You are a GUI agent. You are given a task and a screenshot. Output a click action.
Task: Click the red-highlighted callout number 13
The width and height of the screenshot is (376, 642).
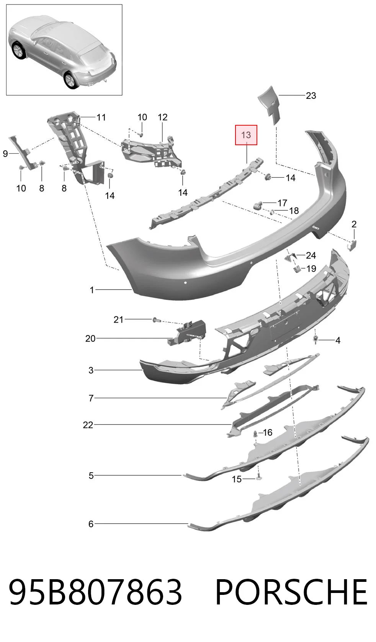pos(246,135)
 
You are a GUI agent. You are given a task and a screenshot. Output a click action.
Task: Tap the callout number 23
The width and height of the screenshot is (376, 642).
pos(311,95)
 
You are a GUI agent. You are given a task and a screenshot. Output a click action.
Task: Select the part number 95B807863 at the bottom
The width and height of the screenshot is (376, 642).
pos(95,592)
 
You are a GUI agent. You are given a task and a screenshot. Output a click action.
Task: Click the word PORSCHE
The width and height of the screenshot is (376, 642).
pos(291,592)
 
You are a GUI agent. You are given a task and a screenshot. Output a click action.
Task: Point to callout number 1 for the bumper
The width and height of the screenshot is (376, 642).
pos(92,290)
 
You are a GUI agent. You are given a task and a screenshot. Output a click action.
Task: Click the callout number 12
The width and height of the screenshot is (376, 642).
pos(162,117)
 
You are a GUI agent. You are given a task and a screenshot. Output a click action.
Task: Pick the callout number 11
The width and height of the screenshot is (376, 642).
pos(101,117)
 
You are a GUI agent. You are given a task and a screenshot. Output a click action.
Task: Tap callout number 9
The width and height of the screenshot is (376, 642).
pos(5,154)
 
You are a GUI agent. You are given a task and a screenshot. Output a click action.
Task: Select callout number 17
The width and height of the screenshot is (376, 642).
pos(282,203)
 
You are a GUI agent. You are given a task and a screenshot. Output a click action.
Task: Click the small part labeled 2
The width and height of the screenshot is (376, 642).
pos(352,246)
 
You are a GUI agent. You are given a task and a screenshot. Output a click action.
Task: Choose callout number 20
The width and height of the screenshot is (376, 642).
pos(90,339)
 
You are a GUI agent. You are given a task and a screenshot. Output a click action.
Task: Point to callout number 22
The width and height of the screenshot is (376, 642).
pos(88,425)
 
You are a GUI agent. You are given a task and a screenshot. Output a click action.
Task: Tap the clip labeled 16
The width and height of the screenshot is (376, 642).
pos(255,433)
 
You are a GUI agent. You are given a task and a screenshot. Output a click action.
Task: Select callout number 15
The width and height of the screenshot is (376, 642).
pos(237,479)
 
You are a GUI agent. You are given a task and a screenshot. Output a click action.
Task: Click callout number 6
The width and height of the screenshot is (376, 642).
pos(91,524)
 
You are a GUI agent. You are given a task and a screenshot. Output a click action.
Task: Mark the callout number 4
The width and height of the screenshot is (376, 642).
pos(338,341)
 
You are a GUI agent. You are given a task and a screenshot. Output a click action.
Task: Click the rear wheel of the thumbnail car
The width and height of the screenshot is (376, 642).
pos(70,79)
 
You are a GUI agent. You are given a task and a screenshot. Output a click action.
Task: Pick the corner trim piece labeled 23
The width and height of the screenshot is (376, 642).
pos(269,105)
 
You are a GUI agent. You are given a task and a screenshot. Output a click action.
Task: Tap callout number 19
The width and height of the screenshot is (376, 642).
pos(311,269)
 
